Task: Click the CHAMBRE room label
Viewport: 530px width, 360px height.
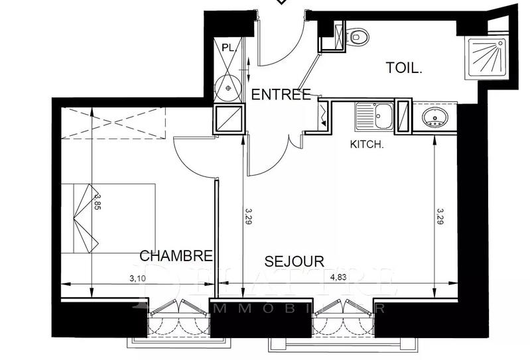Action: pos(176,256)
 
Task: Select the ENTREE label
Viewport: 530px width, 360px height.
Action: pos(281,95)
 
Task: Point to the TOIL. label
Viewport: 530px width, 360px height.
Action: pos(404,67)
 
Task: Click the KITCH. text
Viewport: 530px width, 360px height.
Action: pos(367,144)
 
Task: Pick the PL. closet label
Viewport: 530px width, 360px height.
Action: pos(229,48)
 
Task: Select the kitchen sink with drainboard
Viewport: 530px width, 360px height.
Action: pos(374,117)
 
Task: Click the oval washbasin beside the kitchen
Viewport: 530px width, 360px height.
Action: pos(435,119)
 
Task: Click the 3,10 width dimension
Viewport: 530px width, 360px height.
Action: pos(138,278)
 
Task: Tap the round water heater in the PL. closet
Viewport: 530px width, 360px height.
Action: pos(229,86)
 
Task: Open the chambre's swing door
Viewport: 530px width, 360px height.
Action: pos(196,156)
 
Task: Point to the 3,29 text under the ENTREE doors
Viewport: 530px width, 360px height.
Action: pos(248,216)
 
